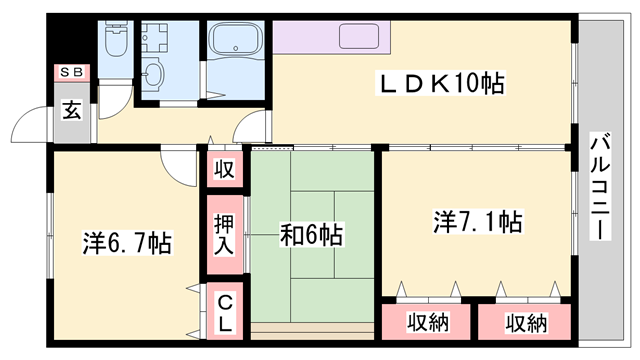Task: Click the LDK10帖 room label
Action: coord(441,83)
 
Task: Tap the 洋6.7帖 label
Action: coord(127,243)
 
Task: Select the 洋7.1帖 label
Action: coord(477,222)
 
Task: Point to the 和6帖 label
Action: coord(311,234)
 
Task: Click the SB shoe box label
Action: coord(72,73)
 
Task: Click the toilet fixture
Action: coord(116,39)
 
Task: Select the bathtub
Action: coord(236,39)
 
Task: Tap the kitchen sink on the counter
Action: coord(359,36)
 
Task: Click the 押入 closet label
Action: coord(224,235)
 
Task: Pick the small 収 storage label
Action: coord(224,169)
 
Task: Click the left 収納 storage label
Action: coord(428,322)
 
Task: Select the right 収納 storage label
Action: coord(526,323)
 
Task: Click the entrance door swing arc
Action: coord(24,118)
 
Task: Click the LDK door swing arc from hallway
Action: coord(245,122)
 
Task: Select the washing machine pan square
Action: coord(154,37)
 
